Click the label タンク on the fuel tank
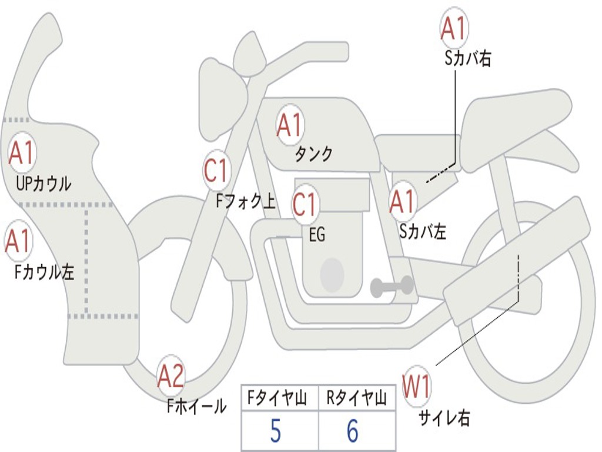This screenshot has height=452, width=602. [x=313, y=154]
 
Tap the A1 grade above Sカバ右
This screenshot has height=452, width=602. [x=454, y=28]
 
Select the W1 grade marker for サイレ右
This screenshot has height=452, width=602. [x=417, y=387]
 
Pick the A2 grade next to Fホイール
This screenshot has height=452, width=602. [x=171, y=377]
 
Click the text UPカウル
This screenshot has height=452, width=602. [x=44, y=184]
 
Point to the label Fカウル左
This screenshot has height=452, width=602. [x=45, y=272]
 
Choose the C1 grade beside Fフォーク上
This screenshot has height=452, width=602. [x=216, y=171]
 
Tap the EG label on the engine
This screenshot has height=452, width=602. [x=317, y=235]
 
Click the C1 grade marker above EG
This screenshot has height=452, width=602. [x=305, y=205]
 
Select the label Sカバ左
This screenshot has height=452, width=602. [x=423, y=232]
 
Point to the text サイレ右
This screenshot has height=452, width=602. [x=444, y=418]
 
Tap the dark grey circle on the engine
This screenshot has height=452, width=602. [x=332, y=274]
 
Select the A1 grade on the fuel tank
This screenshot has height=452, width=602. [x=289, y=125]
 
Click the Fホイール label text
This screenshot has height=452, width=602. [x=196, y=406]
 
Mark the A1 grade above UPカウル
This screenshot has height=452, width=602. [x=22, y=154]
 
